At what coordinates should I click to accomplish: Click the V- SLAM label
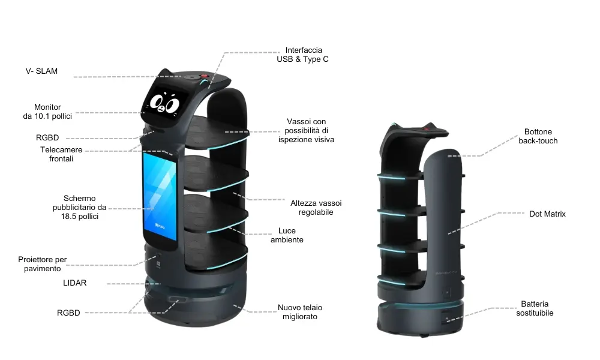pos(42,71)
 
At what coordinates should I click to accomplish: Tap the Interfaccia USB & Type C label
pos(302,55)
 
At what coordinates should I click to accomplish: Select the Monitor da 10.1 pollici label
pos(47,112)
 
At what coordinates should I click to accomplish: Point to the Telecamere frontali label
pos(61,154)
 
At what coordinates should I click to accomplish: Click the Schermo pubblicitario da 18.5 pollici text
pos(80,208)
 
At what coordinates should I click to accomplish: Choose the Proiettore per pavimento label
pos(43,264)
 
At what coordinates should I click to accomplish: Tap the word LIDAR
pos(74,283)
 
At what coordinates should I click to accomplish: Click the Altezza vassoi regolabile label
pos(316,208)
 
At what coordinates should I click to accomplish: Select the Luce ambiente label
pos(287,235)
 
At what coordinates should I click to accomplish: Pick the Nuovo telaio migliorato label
pos(300,312)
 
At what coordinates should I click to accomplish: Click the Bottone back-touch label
pos(538,136)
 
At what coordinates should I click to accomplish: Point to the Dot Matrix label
pos(547,214)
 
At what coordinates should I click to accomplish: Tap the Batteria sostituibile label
pos(535,308)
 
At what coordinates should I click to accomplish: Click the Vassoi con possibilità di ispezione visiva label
pos(306,130)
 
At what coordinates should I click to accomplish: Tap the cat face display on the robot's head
pos(165,102)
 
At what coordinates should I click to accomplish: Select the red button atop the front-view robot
pos(205,77)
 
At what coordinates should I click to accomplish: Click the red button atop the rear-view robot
pos(426,129)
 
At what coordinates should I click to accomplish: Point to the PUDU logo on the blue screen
pos(160,226)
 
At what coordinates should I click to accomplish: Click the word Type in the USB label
pos(312,59)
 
